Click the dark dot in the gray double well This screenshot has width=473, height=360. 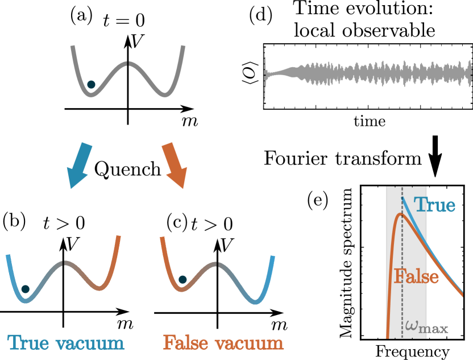coord(91,85)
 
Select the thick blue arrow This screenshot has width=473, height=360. coord(79,166)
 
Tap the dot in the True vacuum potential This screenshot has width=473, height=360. coord(25,289)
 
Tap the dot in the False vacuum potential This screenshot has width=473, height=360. coord(182,280)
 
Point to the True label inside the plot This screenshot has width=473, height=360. coord(434,205)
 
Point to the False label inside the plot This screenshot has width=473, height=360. coord(416,277)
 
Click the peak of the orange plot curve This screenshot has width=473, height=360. coord(401,214)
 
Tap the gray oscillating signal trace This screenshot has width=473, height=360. coord(370,75)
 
